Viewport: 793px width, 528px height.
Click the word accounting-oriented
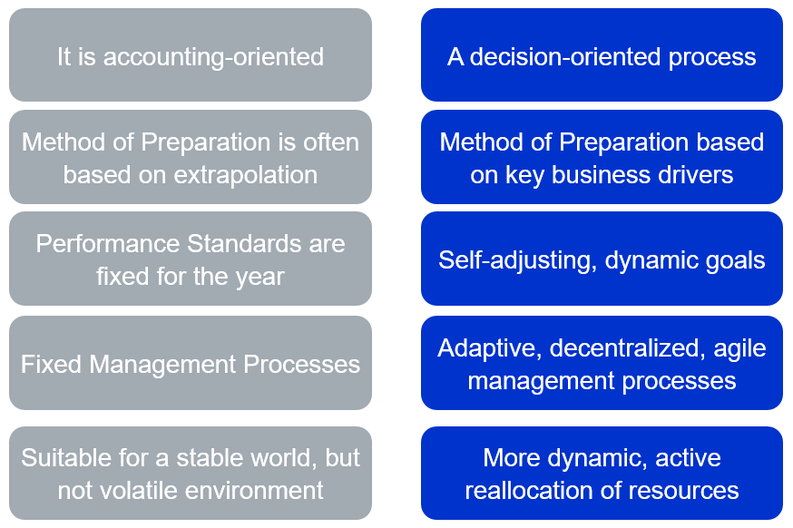click(213, 57)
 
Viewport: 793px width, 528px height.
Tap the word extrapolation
click(246, 175)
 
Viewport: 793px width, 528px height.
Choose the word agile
click(739, 349)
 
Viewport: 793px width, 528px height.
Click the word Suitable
click(66, 458)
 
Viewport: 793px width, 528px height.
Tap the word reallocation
click(525, 491)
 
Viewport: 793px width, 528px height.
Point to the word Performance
click(108, 244)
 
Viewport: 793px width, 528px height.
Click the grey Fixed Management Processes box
click(191, 363)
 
